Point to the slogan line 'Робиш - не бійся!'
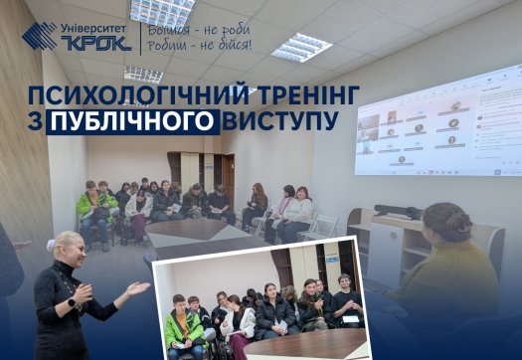click(x=199, y=46)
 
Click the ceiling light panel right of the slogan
click(x=300, y=46)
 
